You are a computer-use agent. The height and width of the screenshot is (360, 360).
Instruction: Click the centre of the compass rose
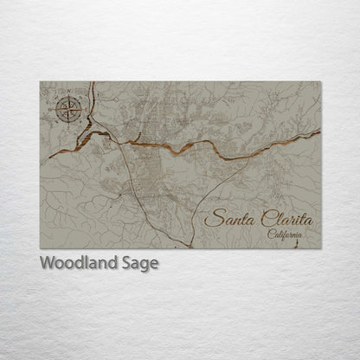(x=70, y=108)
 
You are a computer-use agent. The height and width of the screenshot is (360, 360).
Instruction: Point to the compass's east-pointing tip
(x=84, y=108)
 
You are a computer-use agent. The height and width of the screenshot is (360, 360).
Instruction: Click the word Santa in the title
(x=226, y=218)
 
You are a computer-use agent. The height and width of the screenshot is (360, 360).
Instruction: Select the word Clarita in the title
(x=282, y=218)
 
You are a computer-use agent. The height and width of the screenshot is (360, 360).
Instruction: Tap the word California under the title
(x=286, y=235)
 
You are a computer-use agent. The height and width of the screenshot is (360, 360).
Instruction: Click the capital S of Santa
(x=210, y=218)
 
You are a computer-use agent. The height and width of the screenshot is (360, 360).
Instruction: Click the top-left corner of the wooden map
(x=40, y=81)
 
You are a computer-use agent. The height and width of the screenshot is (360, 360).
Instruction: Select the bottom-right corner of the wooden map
(x=321, y=249)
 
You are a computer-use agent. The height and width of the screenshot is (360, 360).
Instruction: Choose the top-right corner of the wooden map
(x=321, y=81)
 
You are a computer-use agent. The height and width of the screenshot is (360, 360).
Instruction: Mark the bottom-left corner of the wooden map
(x=40, y=249)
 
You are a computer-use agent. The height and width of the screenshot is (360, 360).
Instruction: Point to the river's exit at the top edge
(x=93, y=82)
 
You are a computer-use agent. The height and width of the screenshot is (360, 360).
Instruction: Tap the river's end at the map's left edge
(x=41, y=157)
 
